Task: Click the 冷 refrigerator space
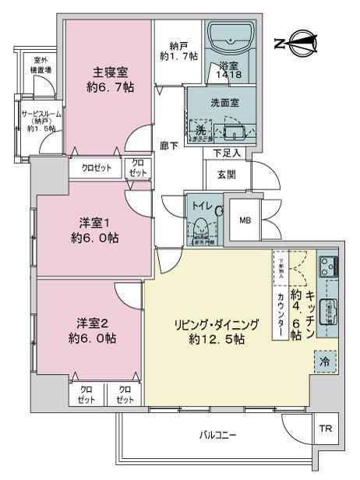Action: [x=323, y=361]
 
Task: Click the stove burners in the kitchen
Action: [x=327, y=268]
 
